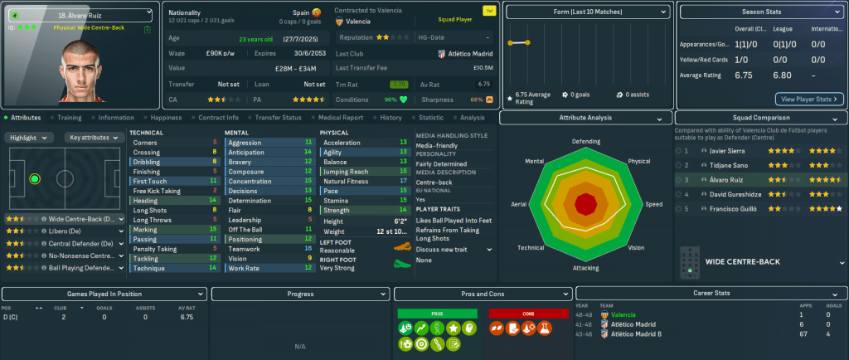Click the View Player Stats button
click(809, 99)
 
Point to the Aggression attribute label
click(245, 143)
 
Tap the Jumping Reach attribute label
click(347, 171)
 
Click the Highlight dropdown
click(32, 138)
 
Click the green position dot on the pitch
click(34, 178)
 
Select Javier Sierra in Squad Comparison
click(726, 152)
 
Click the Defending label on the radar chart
click(585, 142)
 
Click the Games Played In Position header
click(103, 294)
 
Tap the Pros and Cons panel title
click(483, 294)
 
